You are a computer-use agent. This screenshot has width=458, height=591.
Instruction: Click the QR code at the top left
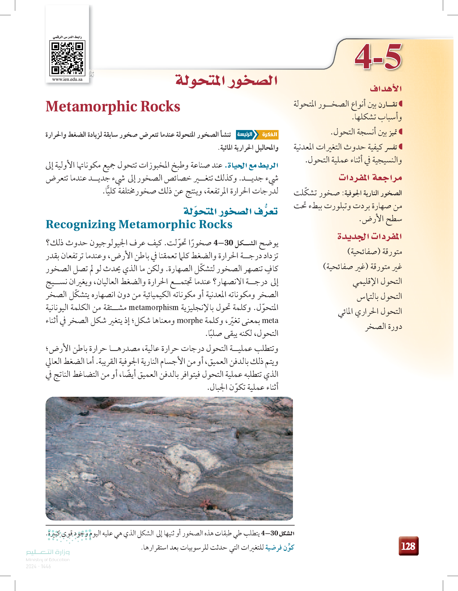click(x=67, y=58)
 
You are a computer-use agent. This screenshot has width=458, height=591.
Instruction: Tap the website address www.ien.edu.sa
click(x=67, y=79)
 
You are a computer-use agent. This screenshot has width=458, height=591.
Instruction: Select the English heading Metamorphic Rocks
click(x=113, y=106)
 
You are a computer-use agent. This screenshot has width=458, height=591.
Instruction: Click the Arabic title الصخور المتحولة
click(x=227, y=80)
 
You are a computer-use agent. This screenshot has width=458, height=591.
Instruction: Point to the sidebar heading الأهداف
click(x=386, y=89)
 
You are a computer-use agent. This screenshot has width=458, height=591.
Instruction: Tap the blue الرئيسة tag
click(x=245, y=134)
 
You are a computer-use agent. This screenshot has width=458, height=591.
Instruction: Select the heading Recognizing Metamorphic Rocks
click(x=139, y=224)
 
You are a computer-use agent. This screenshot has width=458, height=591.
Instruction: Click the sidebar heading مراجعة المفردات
click(x=370, y=178)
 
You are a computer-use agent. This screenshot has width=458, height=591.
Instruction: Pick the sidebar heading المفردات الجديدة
click(x=369, y=236)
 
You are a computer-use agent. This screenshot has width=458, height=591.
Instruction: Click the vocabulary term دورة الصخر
click(x=384, y=327)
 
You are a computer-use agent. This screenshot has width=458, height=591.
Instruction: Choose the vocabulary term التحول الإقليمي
click(x=377, y=282)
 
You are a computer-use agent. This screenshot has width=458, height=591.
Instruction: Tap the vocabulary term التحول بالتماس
click(x=379, y=297)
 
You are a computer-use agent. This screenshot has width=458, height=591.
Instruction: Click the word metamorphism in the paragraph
click(x=153, y=307)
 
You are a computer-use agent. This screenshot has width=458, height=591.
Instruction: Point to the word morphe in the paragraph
click(x=189, y=320)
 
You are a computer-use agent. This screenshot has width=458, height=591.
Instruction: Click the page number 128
click(x=408, y=546)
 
